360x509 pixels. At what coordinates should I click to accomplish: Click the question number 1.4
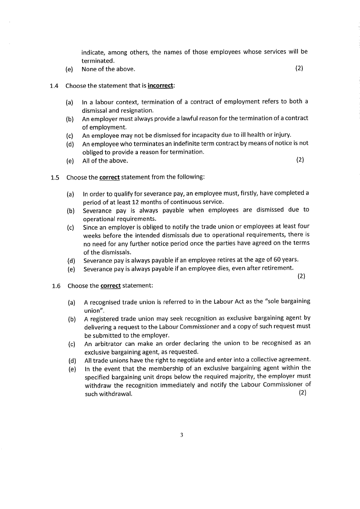pos(54,86)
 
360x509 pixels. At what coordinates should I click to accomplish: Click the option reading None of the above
pos(108,69)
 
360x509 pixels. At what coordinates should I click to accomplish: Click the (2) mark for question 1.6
pos(302,393)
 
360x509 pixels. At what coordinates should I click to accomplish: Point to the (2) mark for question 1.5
pos(302,276)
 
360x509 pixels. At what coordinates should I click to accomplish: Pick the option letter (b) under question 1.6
pos(72,319)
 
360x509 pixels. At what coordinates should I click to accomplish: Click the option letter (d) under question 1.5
pos(71,260)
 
